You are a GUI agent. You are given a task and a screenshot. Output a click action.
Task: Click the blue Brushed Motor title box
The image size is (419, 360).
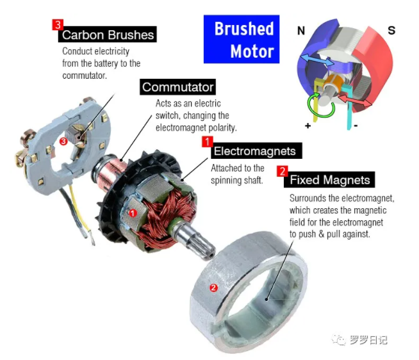click(x=242, y=39)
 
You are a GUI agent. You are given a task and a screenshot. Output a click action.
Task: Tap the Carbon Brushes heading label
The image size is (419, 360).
click(x=108, y=34)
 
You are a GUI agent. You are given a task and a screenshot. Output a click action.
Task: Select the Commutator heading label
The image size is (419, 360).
click(x=177, y=87)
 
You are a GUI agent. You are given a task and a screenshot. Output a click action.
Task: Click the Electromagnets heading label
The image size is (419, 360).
click(x=256, y=151)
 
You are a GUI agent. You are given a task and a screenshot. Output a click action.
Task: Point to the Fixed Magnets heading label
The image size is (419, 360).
click(x=329, y=179)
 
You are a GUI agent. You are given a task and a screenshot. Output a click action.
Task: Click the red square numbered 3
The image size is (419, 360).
click(x=58, y=24)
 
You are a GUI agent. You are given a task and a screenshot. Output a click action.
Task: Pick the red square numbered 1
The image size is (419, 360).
click(x=208, y=142)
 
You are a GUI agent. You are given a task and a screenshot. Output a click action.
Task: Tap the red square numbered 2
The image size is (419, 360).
click(x=282, y=171)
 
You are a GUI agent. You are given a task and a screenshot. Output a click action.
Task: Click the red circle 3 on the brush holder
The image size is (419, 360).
click(x=63, y=141)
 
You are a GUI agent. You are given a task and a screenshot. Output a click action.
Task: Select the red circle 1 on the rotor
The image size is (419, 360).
click(x=133, y=213)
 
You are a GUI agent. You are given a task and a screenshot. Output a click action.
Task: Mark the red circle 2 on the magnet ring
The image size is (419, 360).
click(x=213, y=288)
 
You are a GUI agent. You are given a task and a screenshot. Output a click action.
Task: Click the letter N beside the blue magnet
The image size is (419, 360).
click(x=301, y=31)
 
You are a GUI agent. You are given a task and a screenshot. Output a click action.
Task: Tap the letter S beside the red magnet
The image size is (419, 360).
click(x=391, y=31)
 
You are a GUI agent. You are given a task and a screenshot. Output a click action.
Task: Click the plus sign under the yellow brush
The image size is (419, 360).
click(x=308, y=126)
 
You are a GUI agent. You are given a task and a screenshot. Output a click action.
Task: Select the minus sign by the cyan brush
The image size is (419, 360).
click(x=356, y=126)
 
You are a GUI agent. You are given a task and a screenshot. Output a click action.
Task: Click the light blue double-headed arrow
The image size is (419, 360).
click(x=317, y=60)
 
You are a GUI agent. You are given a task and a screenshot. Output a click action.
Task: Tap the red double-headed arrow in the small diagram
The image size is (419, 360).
click(x=355, y=99)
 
